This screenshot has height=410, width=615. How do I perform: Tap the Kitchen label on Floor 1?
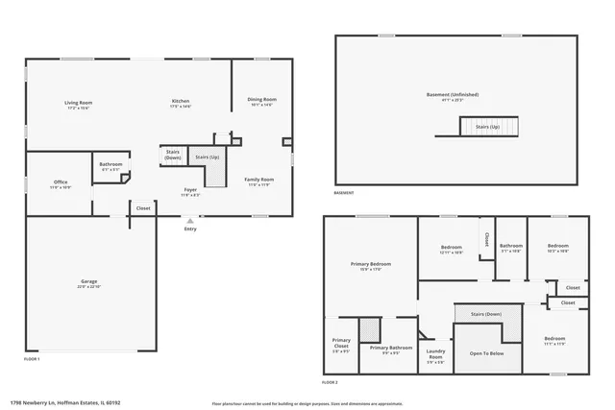click(180, 102)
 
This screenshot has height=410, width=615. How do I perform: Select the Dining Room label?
click(262, 100)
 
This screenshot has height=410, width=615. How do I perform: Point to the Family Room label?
click(259, 180)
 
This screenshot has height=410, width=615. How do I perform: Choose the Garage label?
click(88, 281)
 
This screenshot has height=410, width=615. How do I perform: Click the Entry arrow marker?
click(189, 222)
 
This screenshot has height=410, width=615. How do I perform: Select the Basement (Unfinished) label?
click(453, 94)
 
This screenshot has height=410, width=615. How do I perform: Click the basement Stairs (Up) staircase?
click(489, 127)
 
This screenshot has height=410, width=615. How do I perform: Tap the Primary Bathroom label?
click(390, 348)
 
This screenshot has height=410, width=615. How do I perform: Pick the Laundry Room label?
click(434, 352)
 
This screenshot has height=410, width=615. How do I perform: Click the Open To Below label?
click(486, 353)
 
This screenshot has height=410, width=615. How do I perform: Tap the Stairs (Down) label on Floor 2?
click(485, 314)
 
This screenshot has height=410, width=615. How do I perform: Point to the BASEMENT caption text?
click(343, 193)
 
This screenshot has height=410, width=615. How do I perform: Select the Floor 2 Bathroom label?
click(510, 246)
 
